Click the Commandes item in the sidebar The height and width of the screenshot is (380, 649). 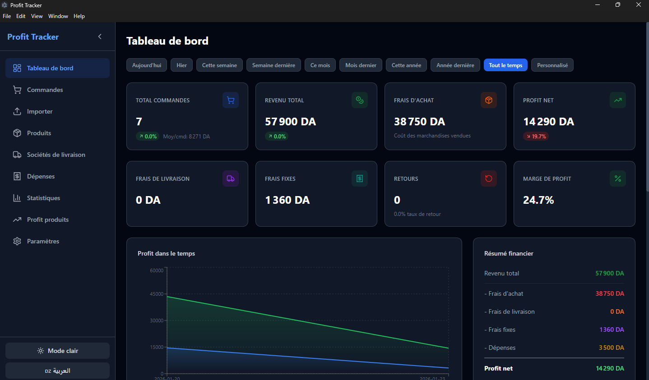pyautogui.click(x=45, y=90)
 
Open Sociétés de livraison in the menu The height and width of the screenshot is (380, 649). pyautogui.click(x=56, y=155)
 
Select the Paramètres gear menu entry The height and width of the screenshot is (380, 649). pyautogui.click(x=43, y=241)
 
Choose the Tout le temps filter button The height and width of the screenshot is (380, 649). pyautogui.click(x=505, y=65)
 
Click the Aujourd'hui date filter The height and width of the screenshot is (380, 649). pyautogui.click(x=147, y=65)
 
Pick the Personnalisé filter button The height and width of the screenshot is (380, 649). pyautogui.click(x=552, y=65)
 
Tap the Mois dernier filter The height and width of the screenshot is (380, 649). pyautogui.click(x=361, y=65)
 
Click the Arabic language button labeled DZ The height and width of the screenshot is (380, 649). pyautogui.click(x=57, y=371)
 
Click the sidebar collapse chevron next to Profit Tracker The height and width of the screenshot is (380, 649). pyautogui.click(x=100, y=37)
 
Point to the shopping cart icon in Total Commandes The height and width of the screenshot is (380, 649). pyautogui.click(x=231, y=100)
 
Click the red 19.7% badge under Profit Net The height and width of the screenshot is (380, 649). pyautogui.click(x=536, y=136)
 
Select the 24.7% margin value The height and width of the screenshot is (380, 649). pyautogui.click(x=538, y=200)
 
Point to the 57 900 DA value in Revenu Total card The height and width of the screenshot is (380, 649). pyautogui.click(x=290, y=122)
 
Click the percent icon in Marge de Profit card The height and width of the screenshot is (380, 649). pyautogui.click(x=617, y=179)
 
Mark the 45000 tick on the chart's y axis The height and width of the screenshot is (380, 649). pyautogui.click(x=157, y=294)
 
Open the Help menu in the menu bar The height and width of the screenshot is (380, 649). pyautogui.click(x=79, y=16)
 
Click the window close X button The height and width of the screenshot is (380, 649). pyautogui.click(x=638, y=5)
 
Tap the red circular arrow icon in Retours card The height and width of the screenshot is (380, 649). pyautogui.click(x=488, y=179)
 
